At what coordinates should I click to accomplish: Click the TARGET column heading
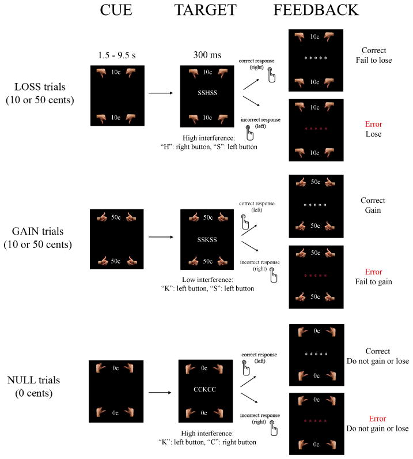(x=205, y=10)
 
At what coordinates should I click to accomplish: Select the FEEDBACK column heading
(x=316, y=10)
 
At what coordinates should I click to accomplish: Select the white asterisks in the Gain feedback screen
(x=315, y=205)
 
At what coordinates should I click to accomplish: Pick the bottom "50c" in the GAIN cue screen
(x=116, y=261)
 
